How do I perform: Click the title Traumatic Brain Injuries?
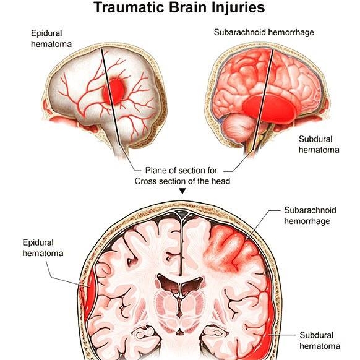(179, 7)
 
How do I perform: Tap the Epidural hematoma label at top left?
(51, 38)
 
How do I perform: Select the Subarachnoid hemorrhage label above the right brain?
(264, 32)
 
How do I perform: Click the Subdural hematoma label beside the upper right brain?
(319, 144)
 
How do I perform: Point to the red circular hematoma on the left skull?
(114, 92)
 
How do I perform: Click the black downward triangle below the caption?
(182, 191)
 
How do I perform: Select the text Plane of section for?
(181, 170)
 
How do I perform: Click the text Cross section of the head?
(182, 181)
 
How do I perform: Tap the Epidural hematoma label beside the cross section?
(43, 247)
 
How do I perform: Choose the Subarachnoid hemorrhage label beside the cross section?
(310, 215)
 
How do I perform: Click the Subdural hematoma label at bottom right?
(320, 340)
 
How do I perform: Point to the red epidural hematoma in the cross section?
(90, 294)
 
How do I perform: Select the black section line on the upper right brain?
(263, 100)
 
